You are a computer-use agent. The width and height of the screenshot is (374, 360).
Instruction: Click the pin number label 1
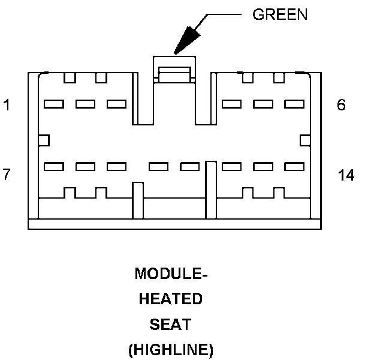coord(7,106)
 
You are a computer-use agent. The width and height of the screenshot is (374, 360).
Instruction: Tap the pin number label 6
coord(341,106)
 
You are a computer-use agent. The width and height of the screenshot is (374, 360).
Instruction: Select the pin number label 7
coord(7,175)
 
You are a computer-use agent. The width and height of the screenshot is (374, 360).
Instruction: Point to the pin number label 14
coord(346,175)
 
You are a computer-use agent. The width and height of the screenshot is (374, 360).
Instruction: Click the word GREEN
coord(280,15)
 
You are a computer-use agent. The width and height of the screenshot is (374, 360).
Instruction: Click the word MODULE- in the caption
coord(171,274)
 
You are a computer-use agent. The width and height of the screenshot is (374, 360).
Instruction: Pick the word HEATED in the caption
coord(171,299)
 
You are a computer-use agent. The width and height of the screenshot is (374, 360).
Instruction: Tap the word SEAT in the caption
coord(171,324)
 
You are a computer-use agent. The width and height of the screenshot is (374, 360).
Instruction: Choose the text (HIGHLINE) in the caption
coord(171,350)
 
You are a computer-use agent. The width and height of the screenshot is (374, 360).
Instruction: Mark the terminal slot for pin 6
coord(294,104)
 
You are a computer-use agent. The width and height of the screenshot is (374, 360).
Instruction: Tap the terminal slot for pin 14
coord(294,166)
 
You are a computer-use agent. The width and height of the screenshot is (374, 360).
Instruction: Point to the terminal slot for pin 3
coord(116,104)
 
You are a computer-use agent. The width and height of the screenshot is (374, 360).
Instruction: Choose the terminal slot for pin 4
coord(231,104)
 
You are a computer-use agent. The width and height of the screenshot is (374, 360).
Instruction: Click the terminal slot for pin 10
coord(158,166)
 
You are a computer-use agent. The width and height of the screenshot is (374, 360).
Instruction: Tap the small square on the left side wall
coord(43,140)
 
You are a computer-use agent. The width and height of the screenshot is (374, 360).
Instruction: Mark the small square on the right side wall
coord(304,140)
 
